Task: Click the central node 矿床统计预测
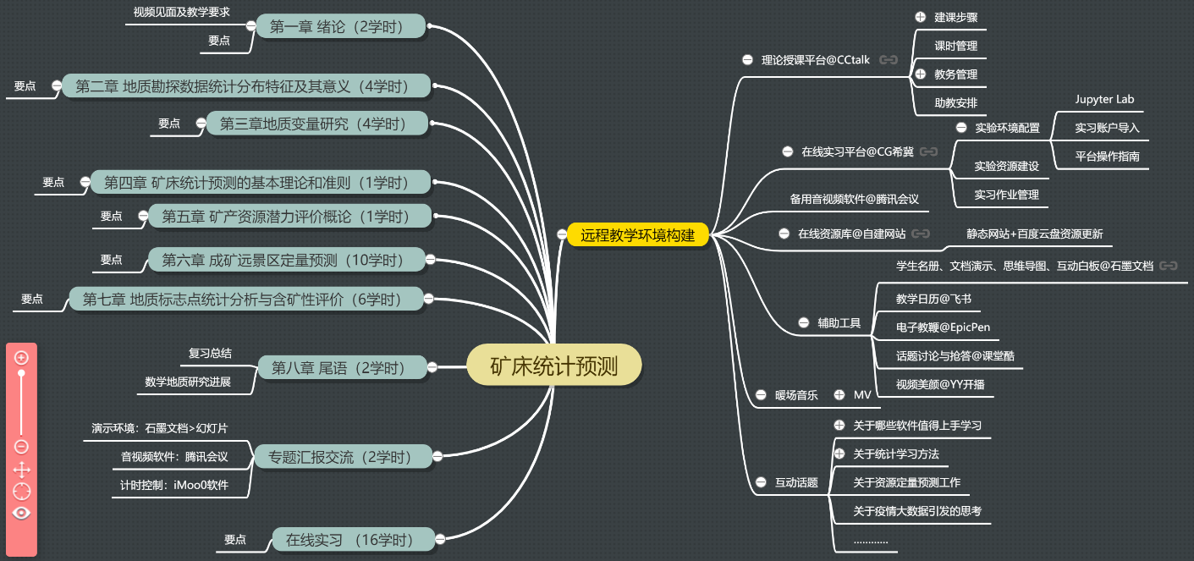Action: click(x=554, y=366)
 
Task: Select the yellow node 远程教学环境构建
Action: click(x=637, y=235)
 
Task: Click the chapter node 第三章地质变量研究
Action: click(x=313, y=124)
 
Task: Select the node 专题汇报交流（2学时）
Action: click(x=339, y=458)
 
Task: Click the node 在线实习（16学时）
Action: click(x=349, y=539)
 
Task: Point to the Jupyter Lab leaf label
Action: click(x=1104, y=99)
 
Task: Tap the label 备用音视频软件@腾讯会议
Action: click(x=854, y=199)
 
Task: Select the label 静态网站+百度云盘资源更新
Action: click(x=1034, y=234)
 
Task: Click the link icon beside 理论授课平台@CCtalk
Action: click(x=888, y=60)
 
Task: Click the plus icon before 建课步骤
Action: click(x=922, y=17)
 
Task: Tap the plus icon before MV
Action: click(x=839, y=394)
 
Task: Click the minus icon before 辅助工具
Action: click(x=802, y=322)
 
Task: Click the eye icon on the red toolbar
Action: click(x=22, y=512)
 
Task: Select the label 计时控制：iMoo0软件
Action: click(x=175, y=485)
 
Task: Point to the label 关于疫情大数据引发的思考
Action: click(x=916, y=510)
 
